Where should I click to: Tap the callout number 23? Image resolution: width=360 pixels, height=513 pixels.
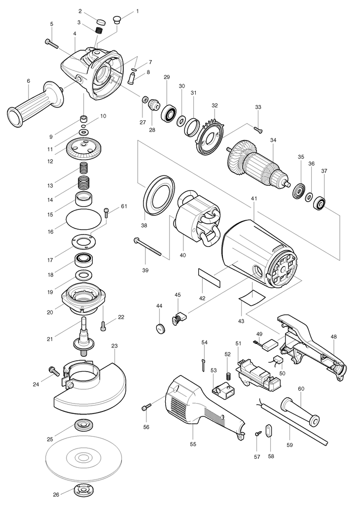[x=114, y=346]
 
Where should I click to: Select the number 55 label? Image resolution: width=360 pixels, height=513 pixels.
[x=193, y=444]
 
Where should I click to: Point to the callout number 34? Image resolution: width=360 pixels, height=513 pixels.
[x=273, y=140]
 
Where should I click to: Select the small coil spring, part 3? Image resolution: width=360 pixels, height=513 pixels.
[x=99, y=31]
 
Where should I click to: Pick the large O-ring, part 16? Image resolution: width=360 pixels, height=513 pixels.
[x=84, y=218]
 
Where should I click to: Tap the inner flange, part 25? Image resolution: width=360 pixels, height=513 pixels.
[x=81, y=426]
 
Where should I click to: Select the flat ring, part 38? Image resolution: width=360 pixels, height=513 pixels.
[x=159, y=195]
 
